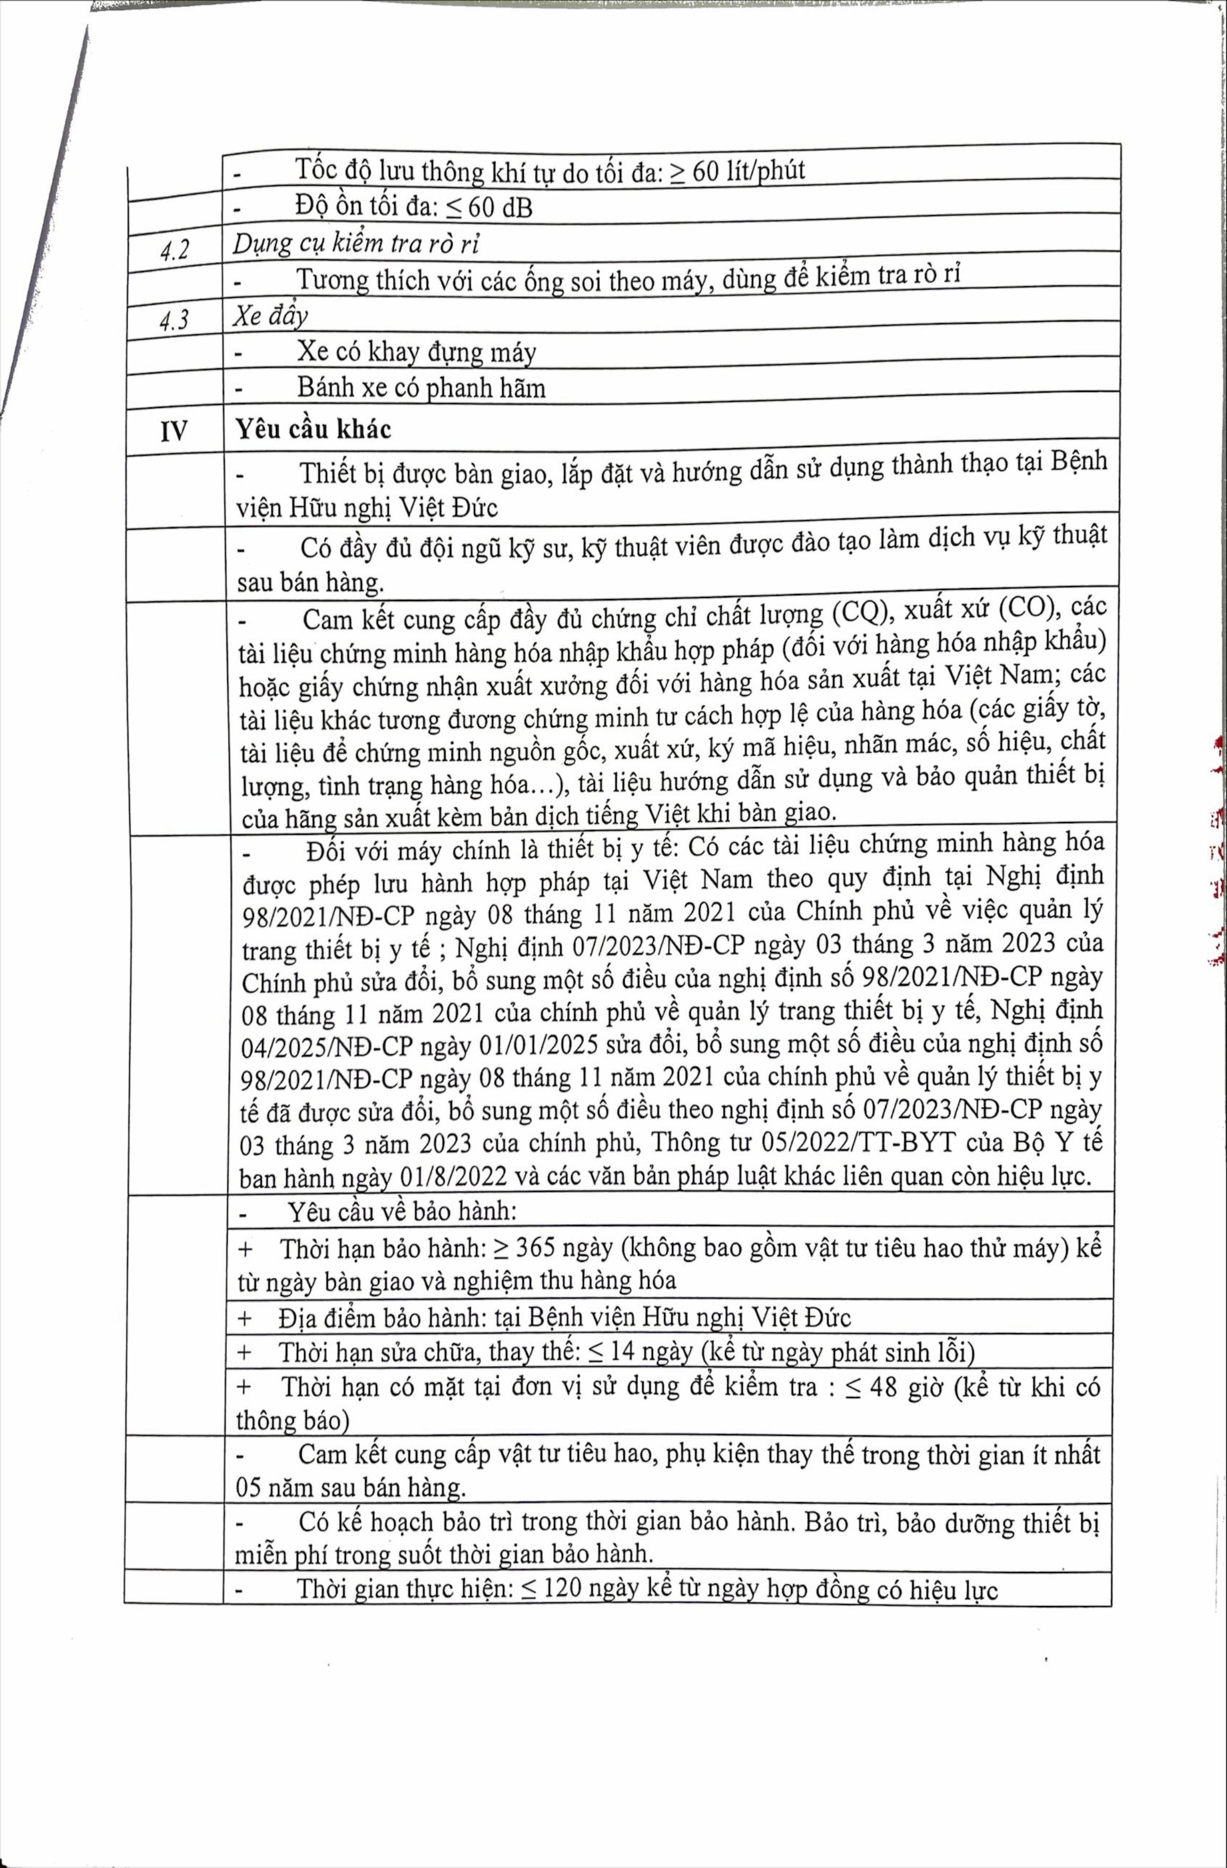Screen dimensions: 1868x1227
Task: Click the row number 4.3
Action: pyautogui.click(x=174, y=321)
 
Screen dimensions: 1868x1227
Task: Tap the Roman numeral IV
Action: pyautogui.click(x=173, y=431)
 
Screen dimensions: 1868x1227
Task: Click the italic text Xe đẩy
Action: pyautogui.click(x=270, y=316)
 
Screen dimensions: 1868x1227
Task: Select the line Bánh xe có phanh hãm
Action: pyautogui.click(x=421, y=388)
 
